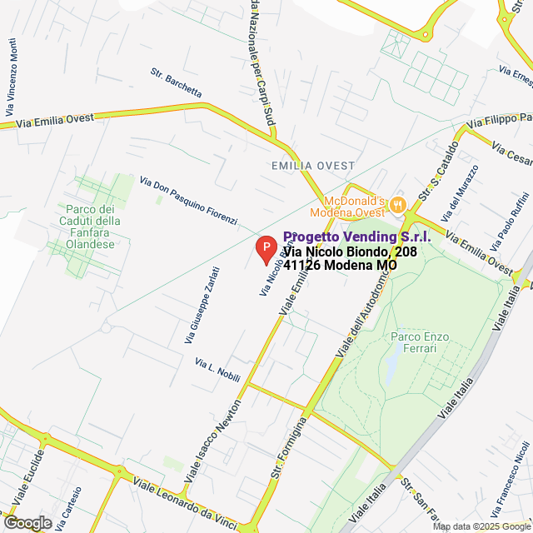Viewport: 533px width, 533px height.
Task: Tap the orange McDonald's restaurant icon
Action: pyautogui.click(x=397, y=202)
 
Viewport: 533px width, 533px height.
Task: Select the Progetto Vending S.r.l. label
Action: pyautogui.click(x=356, y=237)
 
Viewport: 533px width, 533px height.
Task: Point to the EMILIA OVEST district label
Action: pyautogui.click(x=313, y=166)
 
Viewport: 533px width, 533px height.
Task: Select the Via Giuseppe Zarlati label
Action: pyautogui.click(x=202, y=305)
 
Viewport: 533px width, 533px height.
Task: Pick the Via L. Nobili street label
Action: pyautogui.click(x=217, y=370)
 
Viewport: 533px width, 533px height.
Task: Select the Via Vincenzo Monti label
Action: pyautogui.click(x=11, y=78)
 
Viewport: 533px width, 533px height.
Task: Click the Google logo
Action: pyautogui.click(x=27, y=523)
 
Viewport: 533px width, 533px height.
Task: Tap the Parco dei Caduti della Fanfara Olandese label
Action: pyautogui.click(x=90, y=221)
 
